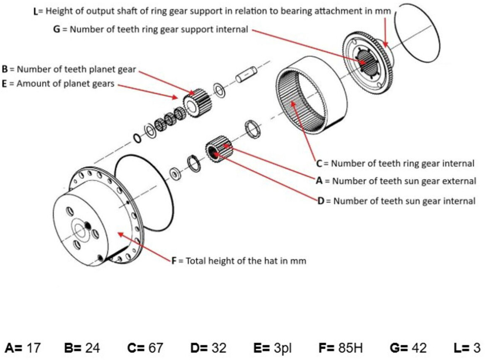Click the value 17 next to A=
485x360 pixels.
point(33,348)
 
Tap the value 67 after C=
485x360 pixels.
point(155,348)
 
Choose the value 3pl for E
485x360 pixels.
point(282,348)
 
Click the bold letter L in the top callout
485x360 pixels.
point(36,12)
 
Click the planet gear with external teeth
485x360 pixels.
point(197,103)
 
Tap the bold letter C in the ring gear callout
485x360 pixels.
point(319,164)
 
